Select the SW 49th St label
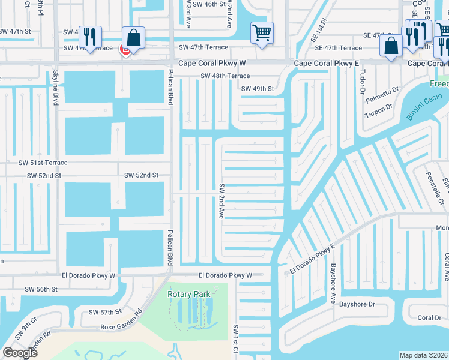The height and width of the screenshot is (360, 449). (257, 89)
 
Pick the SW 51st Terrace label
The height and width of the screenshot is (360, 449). (43, 163)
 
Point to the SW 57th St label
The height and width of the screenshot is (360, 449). (105, 312)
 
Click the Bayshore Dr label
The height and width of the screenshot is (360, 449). (357, 304)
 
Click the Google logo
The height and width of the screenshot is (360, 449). (20, 353)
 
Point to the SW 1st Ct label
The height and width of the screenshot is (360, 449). (235, 339)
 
